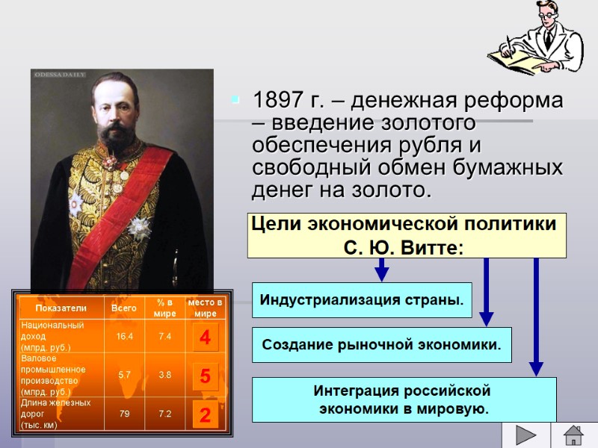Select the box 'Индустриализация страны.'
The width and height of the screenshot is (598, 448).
(362, 300)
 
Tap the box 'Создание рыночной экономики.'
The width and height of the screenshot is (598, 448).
(381, 345)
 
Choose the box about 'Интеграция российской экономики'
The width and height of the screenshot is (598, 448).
(404, 400)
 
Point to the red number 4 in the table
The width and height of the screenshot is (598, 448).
(204, 337)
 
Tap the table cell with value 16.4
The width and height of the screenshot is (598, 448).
(124, 337)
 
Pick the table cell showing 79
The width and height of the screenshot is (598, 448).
(124, 414)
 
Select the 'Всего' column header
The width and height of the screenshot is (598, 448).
(124, 308)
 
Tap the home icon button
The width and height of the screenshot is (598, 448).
(573, 435)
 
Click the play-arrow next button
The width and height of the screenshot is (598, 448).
(527, 435)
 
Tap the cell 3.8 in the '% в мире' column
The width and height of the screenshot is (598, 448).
(164, 375)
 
